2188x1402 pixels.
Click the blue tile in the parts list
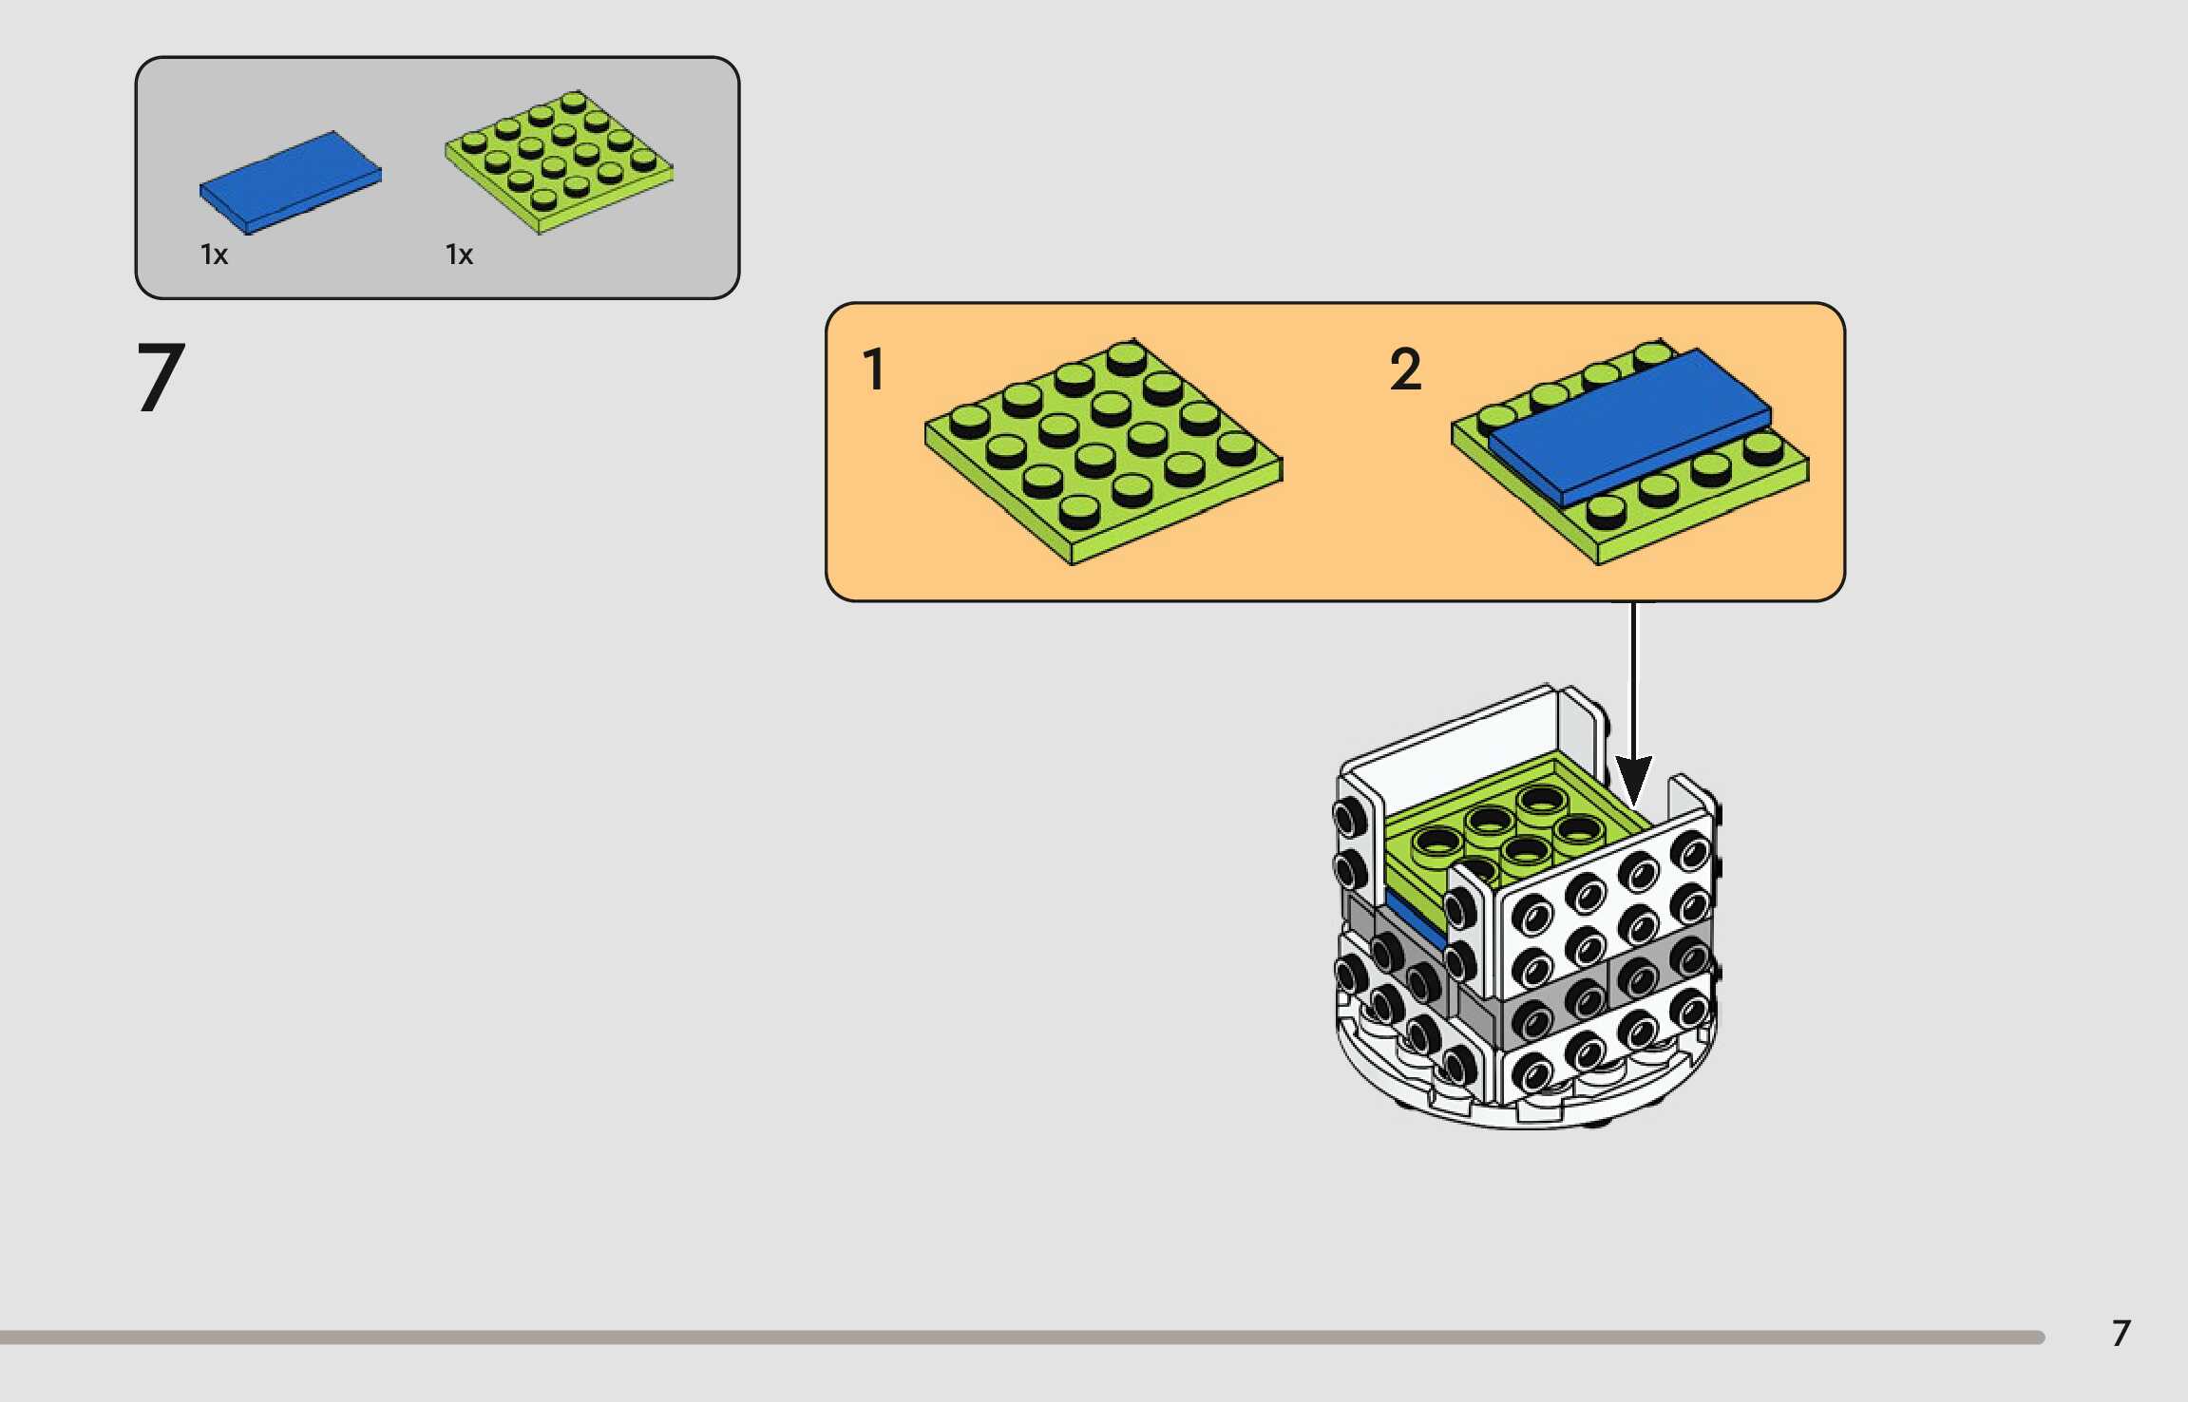tap(290, 181)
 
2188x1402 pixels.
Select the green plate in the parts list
tap(560, 161)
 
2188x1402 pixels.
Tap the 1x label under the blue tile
tap(214, 255)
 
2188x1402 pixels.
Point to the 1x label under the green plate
tap(459, 255)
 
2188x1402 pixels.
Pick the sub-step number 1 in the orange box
tap(873, 369)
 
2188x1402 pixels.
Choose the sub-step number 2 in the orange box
tap(1406, 369)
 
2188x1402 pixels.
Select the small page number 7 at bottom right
tap(2121, 1334)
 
